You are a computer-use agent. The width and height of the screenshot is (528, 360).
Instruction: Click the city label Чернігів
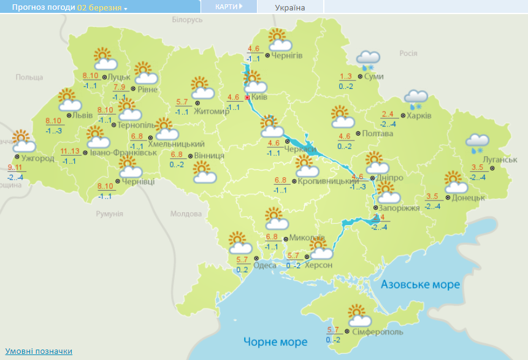287,56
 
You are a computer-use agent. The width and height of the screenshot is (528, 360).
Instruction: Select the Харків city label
420,115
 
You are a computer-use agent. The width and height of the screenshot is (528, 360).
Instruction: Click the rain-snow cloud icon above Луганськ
476,144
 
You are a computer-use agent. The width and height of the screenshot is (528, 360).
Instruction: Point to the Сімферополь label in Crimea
378,332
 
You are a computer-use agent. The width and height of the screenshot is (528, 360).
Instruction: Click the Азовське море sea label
420,285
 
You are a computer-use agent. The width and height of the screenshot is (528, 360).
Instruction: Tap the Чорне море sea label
275,342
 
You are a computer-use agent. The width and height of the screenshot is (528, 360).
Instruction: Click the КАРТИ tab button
228,7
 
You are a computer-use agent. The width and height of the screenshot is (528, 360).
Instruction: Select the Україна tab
290,7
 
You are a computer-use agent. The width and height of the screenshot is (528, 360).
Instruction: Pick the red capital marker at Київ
247,98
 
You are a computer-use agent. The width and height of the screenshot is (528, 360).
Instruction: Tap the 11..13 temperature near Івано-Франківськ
71,151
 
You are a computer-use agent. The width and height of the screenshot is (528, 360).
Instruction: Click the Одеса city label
264,265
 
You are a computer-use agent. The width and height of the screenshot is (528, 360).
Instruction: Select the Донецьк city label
470,197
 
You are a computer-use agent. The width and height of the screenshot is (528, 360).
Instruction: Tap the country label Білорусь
186,20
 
